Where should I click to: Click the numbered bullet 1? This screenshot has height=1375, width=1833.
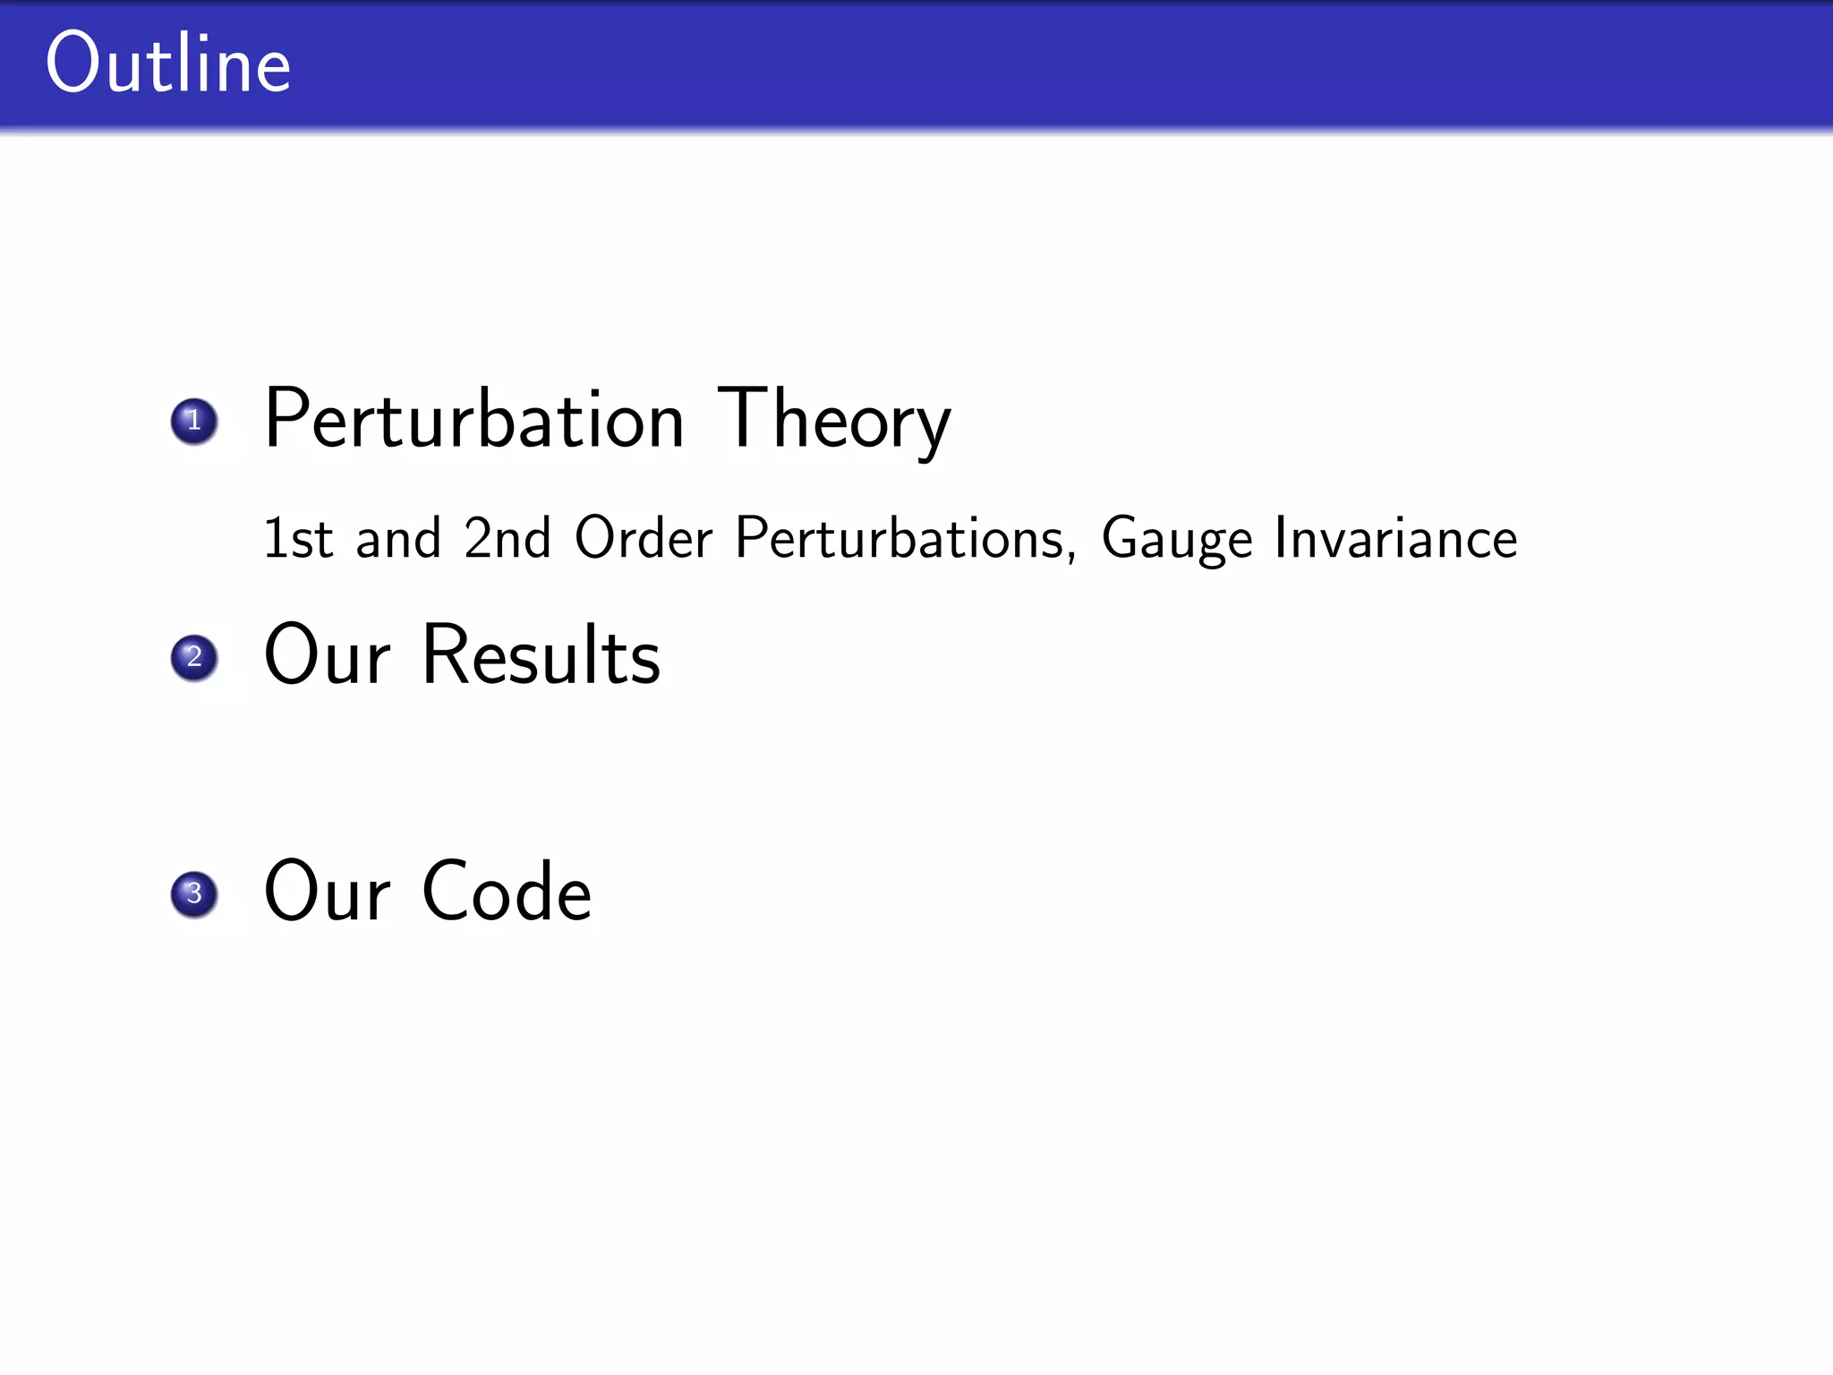pos(194,421)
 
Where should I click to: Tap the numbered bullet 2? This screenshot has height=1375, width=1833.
pos(194,658)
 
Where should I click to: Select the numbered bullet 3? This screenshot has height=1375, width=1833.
pos(194,894)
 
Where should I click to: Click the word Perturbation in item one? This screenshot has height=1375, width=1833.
pos(474,419)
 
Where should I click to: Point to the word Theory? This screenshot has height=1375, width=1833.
pos(834,419)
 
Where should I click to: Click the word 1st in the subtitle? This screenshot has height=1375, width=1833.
pos(298,538)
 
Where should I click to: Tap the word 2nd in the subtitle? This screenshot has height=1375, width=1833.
pos(507,538)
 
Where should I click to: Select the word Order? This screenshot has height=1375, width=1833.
pos(644,538)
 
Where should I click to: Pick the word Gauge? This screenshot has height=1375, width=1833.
pos(1176,540)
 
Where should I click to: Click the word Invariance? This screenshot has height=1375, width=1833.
pos(1396,538)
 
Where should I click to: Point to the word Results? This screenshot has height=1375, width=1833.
pos(541,656)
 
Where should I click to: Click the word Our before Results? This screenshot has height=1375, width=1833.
pos(328,656)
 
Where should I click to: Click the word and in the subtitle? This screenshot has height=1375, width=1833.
pos(398,538)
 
